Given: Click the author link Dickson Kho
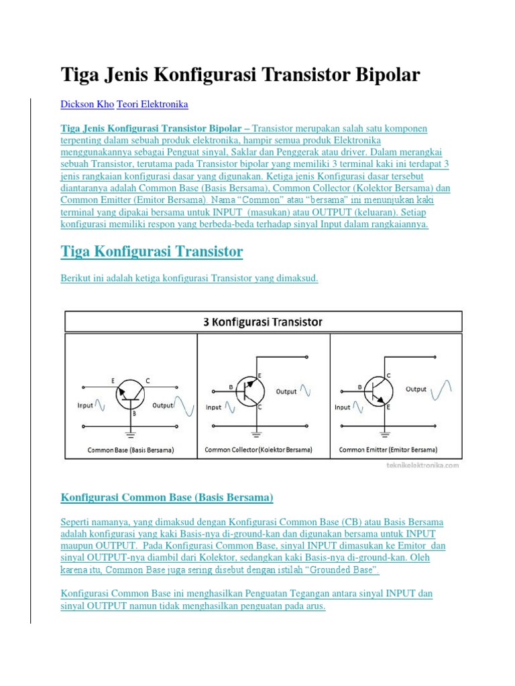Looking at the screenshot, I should pos(87,105).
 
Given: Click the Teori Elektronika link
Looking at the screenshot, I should pos(152,105).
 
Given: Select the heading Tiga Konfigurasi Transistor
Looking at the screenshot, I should pos(152,252).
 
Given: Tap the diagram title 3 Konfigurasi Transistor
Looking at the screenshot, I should pos(263,322).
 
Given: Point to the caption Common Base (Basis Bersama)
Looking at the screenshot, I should pos(131,450).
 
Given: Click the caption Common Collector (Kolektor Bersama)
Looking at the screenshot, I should pos(258,450).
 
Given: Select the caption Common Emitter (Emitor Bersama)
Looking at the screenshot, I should pos(388,450).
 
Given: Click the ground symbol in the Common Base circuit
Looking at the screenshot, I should pos(131,434).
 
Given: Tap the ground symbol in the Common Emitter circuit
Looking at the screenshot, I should pos(385,434).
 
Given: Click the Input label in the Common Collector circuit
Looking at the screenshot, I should pos(214,407).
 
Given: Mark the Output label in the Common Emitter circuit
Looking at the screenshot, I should pos(416,389).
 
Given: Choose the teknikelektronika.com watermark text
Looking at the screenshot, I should pos(422,464).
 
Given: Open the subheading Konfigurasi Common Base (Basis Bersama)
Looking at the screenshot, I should pos(167,497).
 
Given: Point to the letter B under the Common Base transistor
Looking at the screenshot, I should pos(134,414).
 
